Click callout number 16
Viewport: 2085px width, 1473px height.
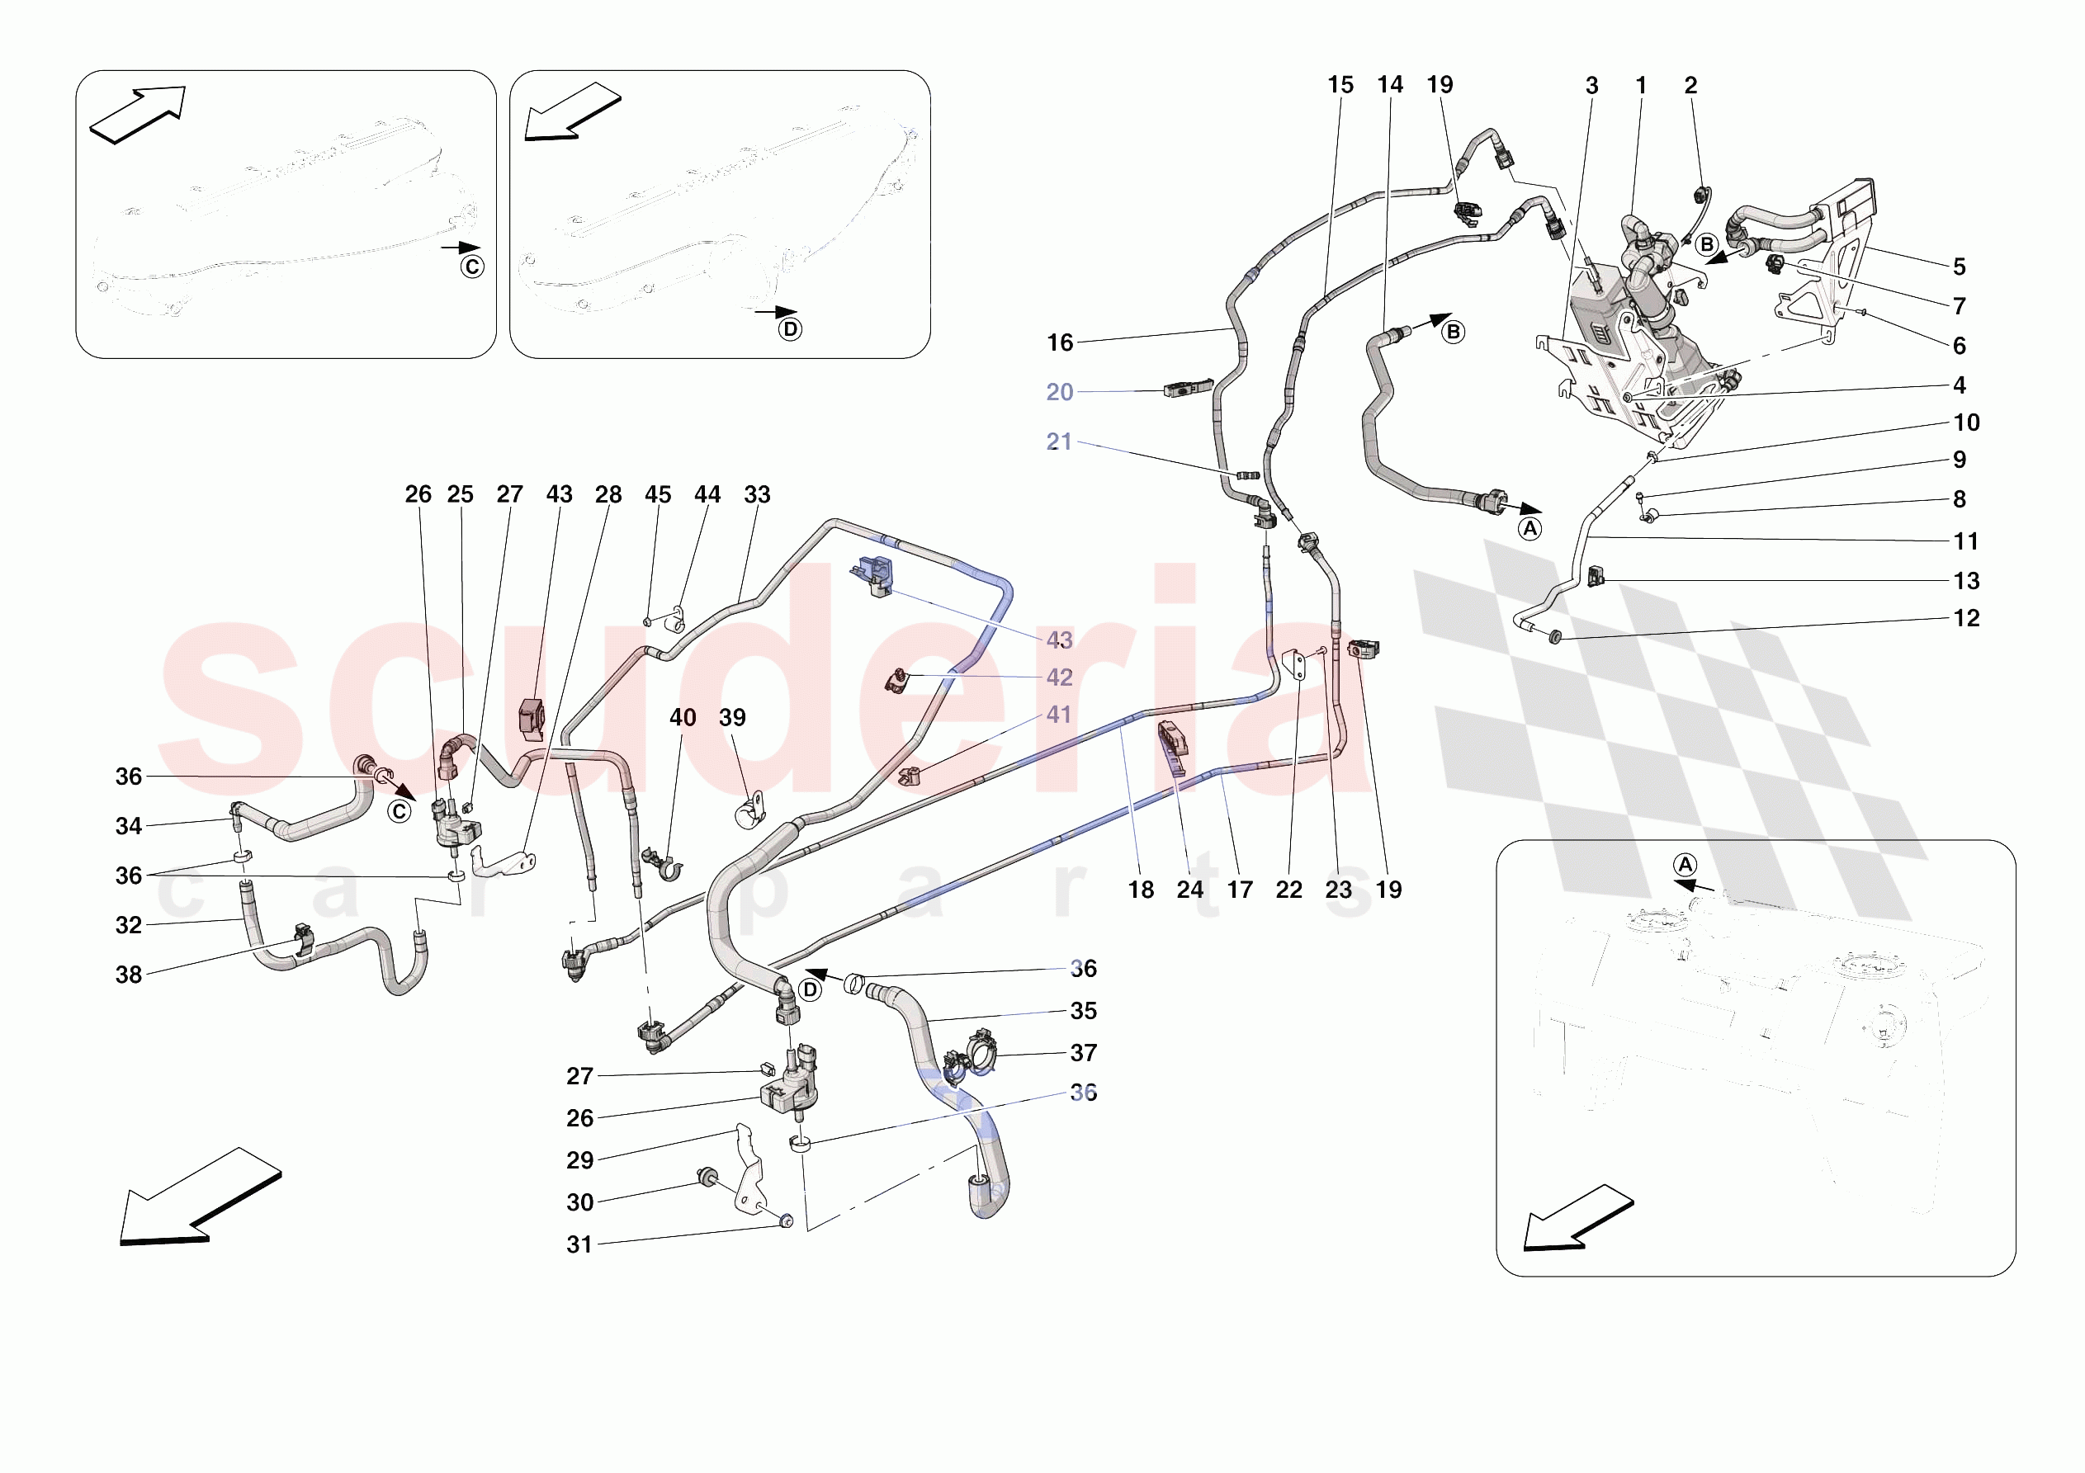point(1060,342)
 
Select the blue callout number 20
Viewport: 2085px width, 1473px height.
point(1059,391)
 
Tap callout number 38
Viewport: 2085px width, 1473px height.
point(128,975)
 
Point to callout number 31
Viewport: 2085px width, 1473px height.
point(579,1244)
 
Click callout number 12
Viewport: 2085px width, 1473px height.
point(1966,617)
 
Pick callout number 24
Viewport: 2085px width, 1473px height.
point(1189,889)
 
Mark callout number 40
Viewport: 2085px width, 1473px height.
point(682,717)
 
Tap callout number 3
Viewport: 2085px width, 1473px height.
point(1591,85)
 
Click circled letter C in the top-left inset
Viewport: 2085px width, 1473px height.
point(472,267)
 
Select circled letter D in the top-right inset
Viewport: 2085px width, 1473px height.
point(790,328)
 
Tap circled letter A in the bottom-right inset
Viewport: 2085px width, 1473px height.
point(1685,865)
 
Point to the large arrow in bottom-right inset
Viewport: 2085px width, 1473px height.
point(1577,1219)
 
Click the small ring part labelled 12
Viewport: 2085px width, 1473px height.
point(1554,635)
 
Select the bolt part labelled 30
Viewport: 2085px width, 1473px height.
point(705,1177)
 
